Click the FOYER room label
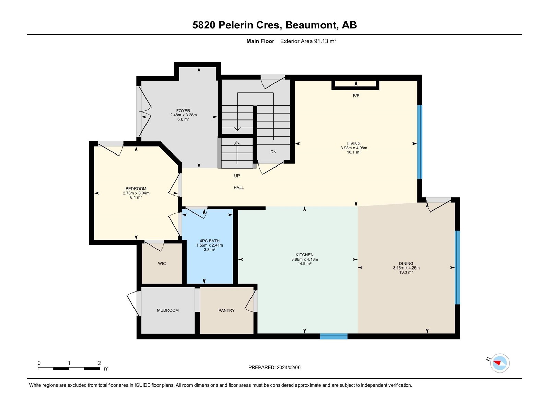click(x=183, y=111)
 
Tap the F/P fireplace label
click(x=356, y=96)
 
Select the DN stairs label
click(x=273, y=152)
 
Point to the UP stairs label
click(x=237, y=176)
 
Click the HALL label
click(x=238, y=187)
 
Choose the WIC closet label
click(x=162, y=264)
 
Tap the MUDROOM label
click(x=168, y=310)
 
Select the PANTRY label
click(x=226, y=310)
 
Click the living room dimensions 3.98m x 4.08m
click(x=354, y=148)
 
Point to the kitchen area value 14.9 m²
click(x=304, y=264)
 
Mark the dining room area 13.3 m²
click(x=406, y=272)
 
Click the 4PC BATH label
click(x=210, y=241)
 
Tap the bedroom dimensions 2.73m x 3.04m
click(x=136, y=193)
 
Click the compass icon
click(x=500, y=363)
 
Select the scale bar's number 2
click(x=100, y=363)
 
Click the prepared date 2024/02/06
click(x=288, y=367)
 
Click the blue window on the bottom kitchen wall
click(x=334, y=336)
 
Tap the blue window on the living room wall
click(x=420, y=142)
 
